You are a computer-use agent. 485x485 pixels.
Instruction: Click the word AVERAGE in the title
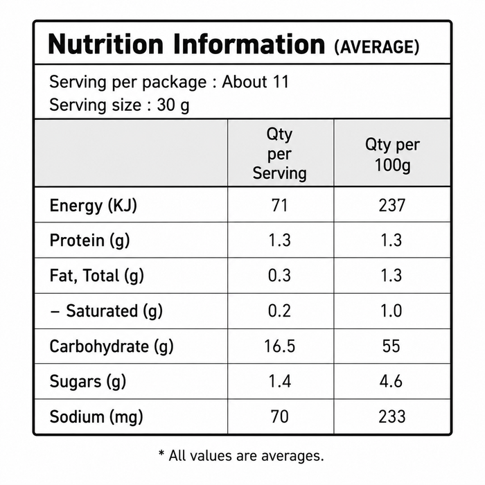(377, 47)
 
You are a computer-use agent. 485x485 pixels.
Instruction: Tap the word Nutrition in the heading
(105, 44)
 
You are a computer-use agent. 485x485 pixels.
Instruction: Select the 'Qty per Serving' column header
(280, 153)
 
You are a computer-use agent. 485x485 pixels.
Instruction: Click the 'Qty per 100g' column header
(392, 155)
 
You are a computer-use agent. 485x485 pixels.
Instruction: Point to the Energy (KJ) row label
(93, 206)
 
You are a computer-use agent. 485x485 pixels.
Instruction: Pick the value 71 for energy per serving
(280, 205)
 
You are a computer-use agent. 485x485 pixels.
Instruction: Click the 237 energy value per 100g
(392, 205)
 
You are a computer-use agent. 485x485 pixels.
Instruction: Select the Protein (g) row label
(89, 240)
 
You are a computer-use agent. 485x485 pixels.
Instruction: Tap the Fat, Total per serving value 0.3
(280, 275)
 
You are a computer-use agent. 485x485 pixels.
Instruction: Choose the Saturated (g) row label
(106, 311)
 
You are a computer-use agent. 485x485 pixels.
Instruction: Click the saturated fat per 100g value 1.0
(391, 310)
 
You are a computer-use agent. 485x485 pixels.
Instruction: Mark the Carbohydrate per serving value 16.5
(280, 346)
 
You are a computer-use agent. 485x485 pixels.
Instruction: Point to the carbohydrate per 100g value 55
(391, 346)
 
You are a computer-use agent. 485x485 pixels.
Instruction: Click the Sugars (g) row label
(88, 382)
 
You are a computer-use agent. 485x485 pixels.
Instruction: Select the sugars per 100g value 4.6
(391, 381)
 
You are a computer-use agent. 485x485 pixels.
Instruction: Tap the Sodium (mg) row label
(96, 417)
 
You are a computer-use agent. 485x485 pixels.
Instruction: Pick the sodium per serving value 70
(280, 416)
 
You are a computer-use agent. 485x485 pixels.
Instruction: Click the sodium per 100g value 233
(392, 416)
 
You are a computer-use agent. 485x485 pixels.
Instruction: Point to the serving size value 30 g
(173, 105)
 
